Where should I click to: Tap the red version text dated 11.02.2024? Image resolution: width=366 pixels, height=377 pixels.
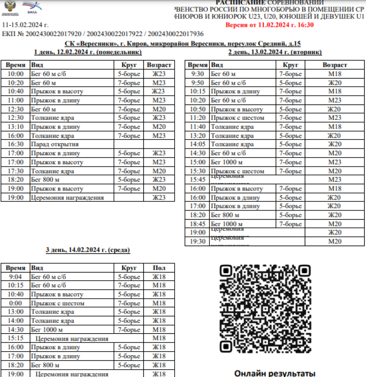point(269,25)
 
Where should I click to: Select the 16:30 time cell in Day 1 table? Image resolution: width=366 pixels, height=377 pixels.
point(15,144)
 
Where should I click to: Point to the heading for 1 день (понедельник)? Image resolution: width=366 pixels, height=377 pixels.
point(88,52)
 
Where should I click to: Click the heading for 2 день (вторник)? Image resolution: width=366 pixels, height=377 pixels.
point(275,52)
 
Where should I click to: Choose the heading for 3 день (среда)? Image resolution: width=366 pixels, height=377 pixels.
point(88,250)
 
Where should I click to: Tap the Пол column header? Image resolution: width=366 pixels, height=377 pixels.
point(159,268)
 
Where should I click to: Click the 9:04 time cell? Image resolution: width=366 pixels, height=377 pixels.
point(15,277)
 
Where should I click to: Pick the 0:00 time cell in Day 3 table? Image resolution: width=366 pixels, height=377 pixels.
point(15,303)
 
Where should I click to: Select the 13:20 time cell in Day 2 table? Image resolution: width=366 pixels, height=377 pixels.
point(198,135)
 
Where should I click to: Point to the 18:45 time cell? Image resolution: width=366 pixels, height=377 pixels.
point(198,224)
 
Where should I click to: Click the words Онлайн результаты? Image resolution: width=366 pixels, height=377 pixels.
point(275,373)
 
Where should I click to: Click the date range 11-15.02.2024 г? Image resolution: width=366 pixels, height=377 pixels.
point(25,25)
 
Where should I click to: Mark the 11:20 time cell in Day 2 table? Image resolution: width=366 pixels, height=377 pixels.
point(198,118)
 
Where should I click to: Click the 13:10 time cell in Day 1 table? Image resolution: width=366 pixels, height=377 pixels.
point(15,127)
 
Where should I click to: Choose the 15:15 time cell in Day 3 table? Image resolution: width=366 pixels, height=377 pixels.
point(15,338)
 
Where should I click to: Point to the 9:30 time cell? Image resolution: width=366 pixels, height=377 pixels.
point(198,74)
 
